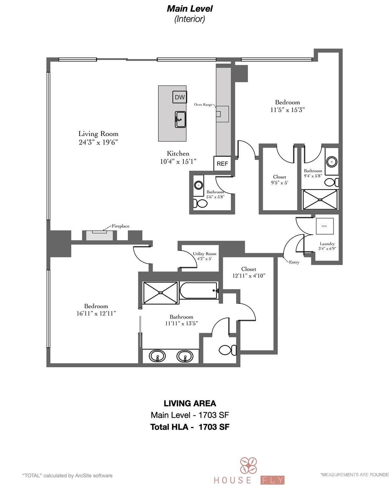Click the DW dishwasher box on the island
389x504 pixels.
pos(180,97)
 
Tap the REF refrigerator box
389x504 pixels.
pos(222,163)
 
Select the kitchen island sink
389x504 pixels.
pos(180,119)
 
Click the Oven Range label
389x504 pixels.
pos(203,105)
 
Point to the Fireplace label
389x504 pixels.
pos(120,226)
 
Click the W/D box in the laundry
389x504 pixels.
pos(324,226)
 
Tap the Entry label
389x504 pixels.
pos(294,262)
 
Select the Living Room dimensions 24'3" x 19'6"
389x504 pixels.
pos(98,142)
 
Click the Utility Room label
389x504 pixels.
pos(204,254)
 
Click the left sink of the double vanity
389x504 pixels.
pos(157,356)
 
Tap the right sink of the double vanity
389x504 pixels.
pos(185,356)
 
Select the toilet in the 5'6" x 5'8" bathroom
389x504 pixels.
pos(200,203)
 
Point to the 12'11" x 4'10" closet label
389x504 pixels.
pos(249,276)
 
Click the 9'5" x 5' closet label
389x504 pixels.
pos(280,183)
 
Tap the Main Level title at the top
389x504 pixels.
pos(190,9)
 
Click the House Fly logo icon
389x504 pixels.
pos(248,466)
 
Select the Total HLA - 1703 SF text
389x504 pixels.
pos(190,427)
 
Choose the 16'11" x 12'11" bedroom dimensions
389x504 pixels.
pos(96,313)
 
